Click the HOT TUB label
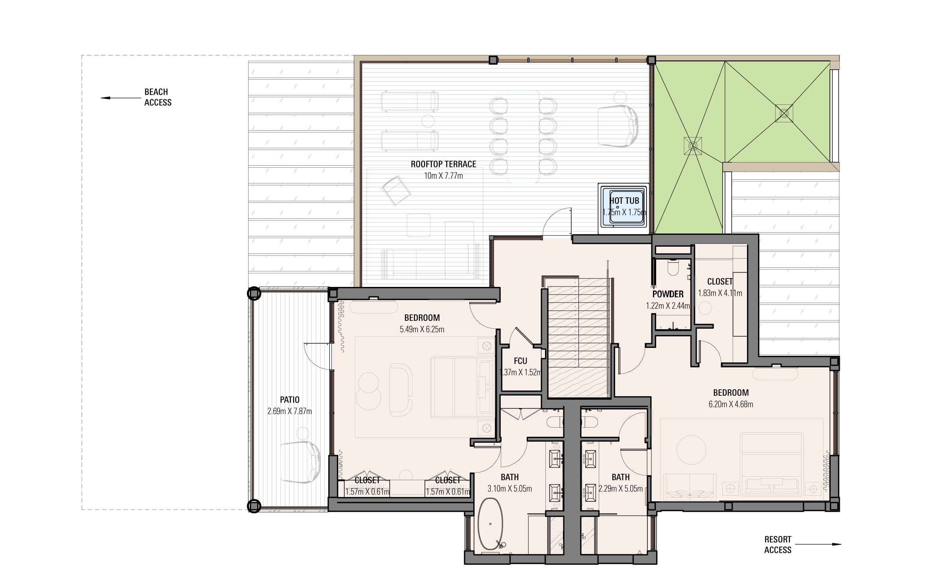pyautogui.click(x=624, y=201)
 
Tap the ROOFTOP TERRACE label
pyautogui.click(x=443, y=164)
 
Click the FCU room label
pyautogui.click(x=520, y=361)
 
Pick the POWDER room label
pyautogui.click(x=668, y=294)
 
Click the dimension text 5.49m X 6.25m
pyautogui.click(x=422, y=330)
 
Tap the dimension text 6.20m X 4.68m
pyautogui.click(x=731, y=404)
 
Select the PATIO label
pyautogui.click(x=290, y=400)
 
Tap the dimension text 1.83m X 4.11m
pyautogui.click(x=720, y=293)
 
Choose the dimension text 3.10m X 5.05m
pyautogui.click(x=510, y=489)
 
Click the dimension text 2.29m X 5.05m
pyautogui.click(x=621, y=489)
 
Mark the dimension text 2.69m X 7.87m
pyautogui.click(x=290, y=411)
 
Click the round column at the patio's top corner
pyautogui.click(x=254, y=294)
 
